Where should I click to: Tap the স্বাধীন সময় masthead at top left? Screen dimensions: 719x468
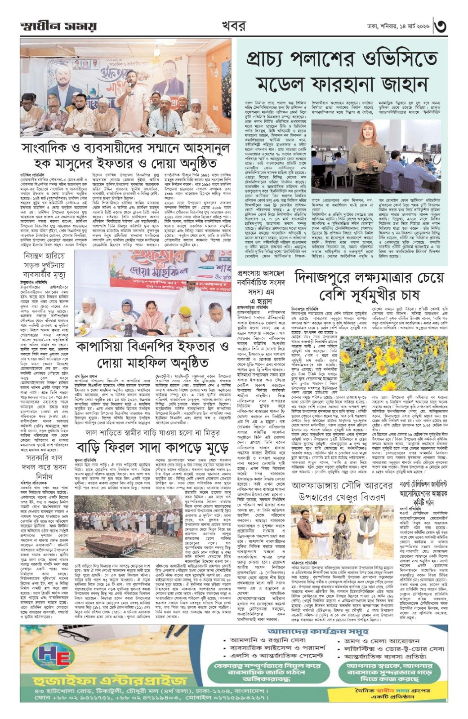click(x=58, y=26)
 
